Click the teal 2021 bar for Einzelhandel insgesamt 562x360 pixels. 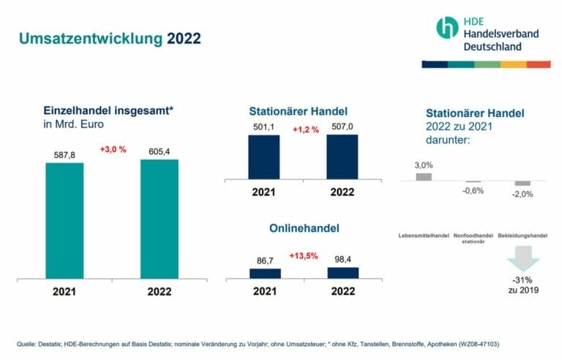64,220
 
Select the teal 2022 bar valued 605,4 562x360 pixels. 159,219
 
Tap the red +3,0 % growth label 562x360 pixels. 113,150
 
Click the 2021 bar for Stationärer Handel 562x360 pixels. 264,157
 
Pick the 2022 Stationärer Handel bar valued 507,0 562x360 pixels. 342,157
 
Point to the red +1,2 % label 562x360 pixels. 304,130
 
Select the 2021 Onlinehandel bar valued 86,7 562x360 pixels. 264,273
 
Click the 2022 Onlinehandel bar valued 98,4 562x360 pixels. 342,272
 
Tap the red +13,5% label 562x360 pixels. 303,256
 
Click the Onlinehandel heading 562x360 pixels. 303,228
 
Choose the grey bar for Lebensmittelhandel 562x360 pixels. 424,176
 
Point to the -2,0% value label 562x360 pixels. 522,194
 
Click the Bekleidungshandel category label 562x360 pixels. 522,236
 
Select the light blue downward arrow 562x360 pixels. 522,259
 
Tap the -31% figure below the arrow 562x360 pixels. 522,281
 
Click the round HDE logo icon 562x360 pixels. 446,28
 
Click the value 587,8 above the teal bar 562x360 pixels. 64,154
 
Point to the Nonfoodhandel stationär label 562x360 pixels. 473,238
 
